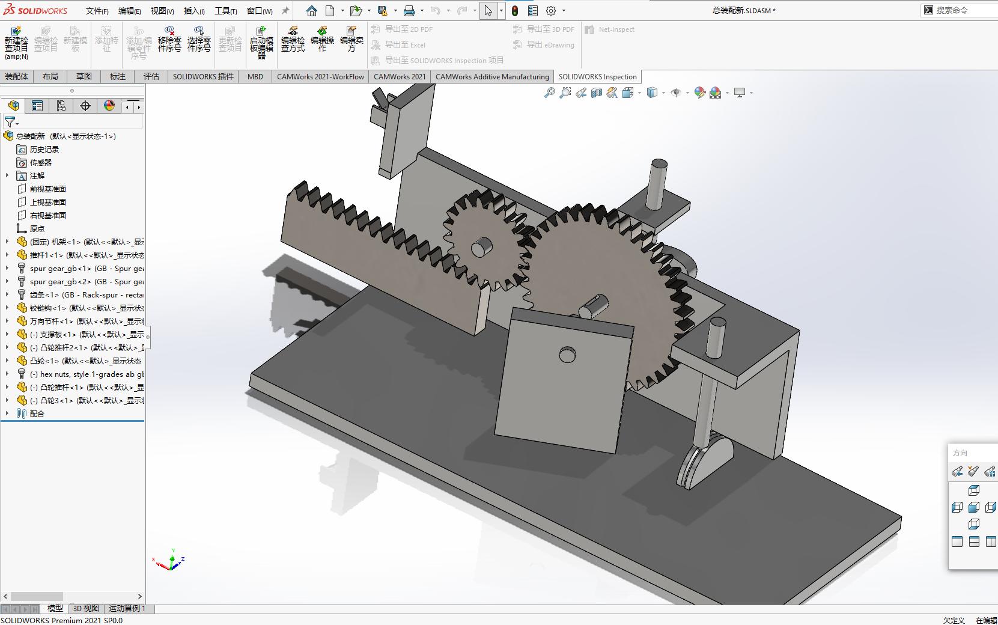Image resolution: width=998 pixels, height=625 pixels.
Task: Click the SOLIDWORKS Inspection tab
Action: pyautogui.click(x=597, y=76)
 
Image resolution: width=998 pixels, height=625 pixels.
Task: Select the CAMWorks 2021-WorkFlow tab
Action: pyautogui.click(x=320, y=76)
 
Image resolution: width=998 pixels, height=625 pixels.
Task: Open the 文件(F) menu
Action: pyautogui.click(x=97, y=11)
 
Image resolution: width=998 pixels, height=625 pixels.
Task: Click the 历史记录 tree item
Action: pyautogui.click(x=44, y=150)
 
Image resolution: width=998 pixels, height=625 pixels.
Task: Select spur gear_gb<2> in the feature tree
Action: pyautogui.click(x=60, y=282)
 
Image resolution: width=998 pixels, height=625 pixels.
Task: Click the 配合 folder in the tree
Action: pyautogui.click(x=37, y=414)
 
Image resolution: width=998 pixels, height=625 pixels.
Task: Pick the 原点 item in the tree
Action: pyautogui.click(x=37, y=229)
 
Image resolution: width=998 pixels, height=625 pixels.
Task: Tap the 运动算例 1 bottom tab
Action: pyautogui.click(x=127, y=609)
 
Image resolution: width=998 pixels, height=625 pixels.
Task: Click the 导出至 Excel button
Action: pyautogui.click(x=405, y=45)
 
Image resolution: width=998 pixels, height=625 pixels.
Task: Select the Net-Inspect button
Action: pyautogui.click(x=616, y=29)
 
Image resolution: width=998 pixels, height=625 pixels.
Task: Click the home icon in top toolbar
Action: pyautogui.click(x=311, y=11)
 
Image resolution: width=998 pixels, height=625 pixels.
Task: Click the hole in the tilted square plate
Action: pyautogui.click(x=567, y=355)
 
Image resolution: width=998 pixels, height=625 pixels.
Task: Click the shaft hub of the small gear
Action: pyautogui.click(x=481, y=246)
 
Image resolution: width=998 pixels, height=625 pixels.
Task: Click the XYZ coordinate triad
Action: pyautogui.click(x=171, y=562)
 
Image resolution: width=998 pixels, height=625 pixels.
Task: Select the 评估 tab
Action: pyautogui.click(x=151, y=76)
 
